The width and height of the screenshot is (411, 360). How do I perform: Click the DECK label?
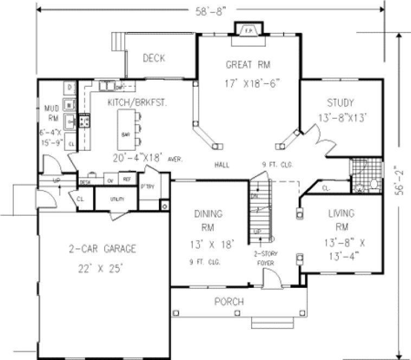(x=154, y=59)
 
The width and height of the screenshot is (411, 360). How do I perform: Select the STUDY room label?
(x=341, y=102)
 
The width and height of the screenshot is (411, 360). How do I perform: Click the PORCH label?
(x=229, y=301)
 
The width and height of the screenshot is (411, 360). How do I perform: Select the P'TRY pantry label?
(x=147, y=186)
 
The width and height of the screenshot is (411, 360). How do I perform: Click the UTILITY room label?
(x=117, y=200)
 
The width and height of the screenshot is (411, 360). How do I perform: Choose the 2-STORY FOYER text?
(x=266, y=259)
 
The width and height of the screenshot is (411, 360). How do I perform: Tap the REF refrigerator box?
(x=126, y=180)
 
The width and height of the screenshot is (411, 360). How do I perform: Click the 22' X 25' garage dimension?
(x=102, y=267)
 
